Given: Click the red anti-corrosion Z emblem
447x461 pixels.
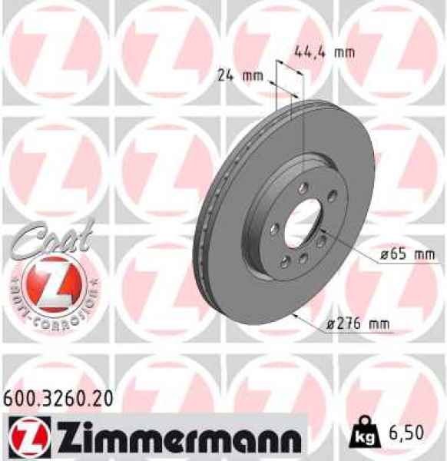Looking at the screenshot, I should coord(52,282).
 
